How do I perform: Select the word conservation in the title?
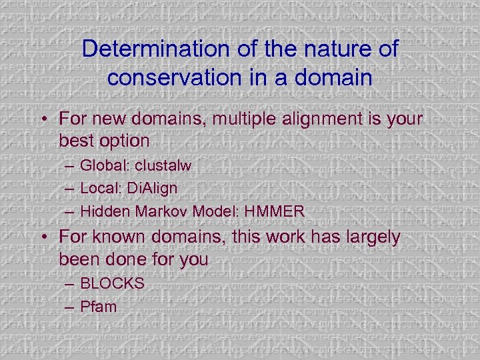(178, 77)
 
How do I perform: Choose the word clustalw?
(165, 165)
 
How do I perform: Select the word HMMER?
(275, 212)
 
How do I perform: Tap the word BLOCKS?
(112, 283)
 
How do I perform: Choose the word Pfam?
(98, 307)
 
